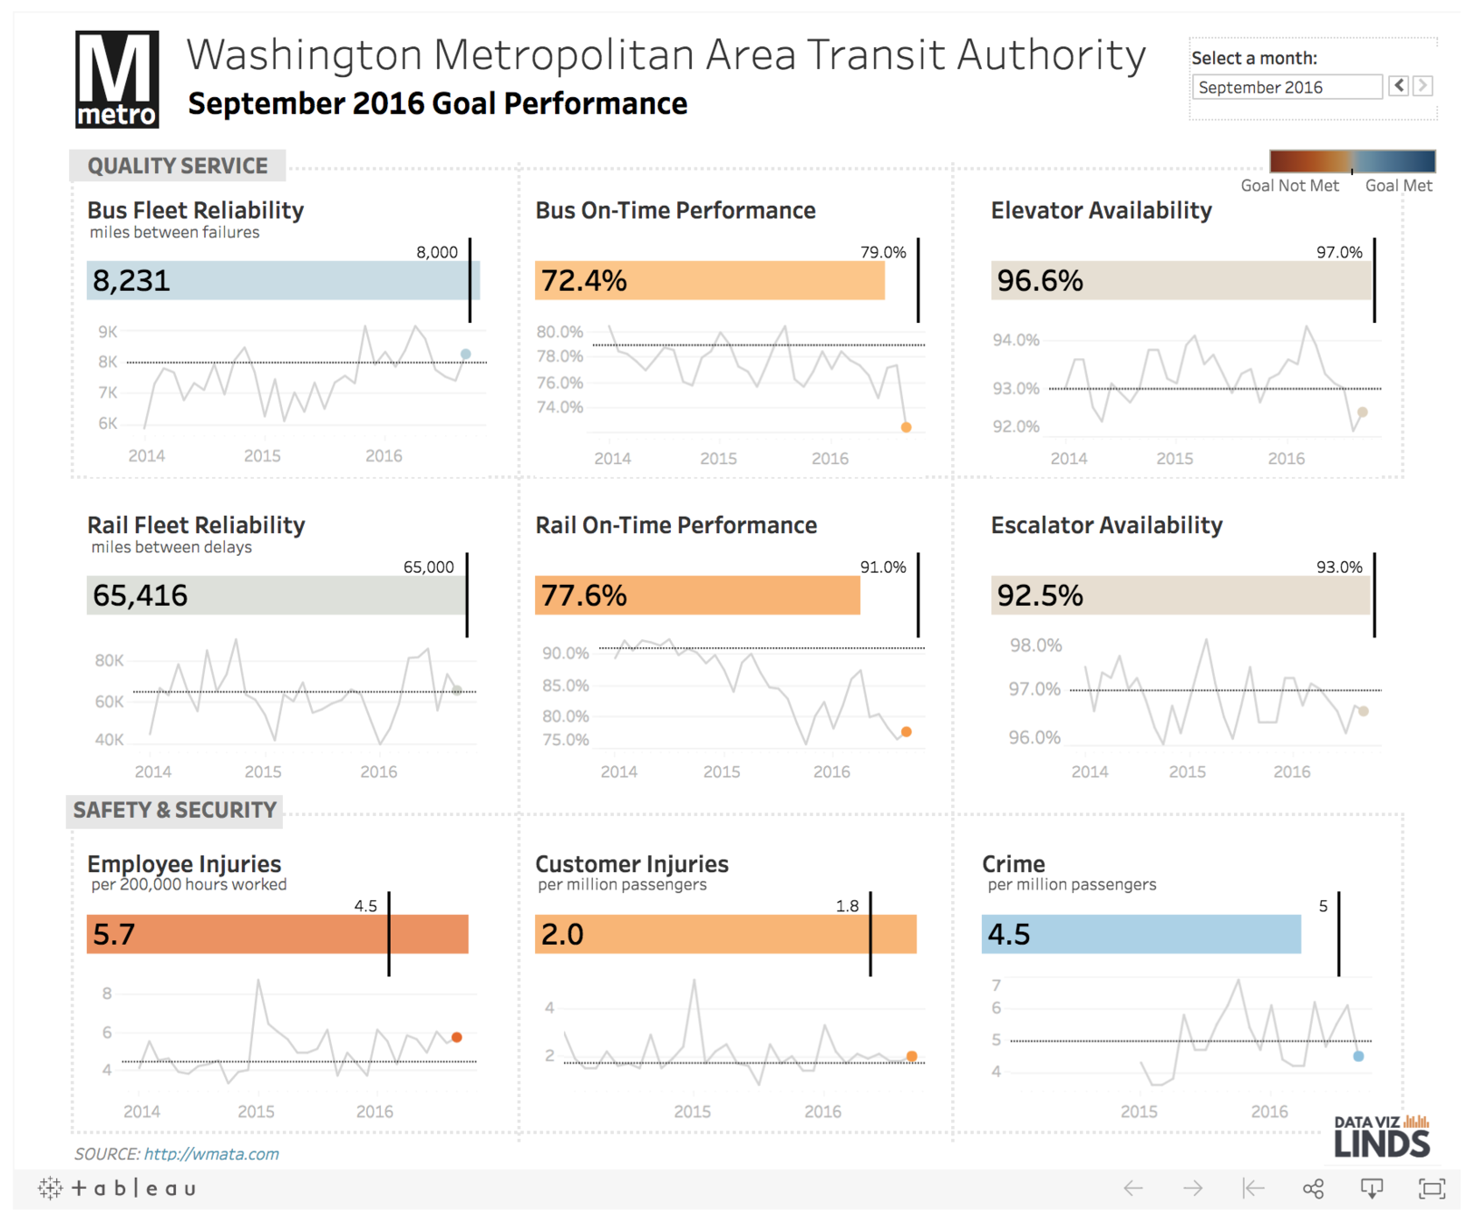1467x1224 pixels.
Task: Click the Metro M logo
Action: (116, 79)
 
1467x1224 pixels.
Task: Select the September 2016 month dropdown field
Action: (1286, 87)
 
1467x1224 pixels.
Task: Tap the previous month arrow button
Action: (1399, 85)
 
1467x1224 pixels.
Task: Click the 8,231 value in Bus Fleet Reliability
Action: (131, 281)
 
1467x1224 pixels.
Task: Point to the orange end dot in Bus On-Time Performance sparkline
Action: (906, 427)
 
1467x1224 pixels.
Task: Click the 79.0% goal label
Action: (882, 252)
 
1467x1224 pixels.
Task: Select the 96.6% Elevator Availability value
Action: (1040, 281)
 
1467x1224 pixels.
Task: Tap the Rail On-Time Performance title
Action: (675, 525)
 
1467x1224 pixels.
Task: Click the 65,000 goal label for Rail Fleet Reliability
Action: (428, 568)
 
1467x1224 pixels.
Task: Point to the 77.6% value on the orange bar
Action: (583, 596)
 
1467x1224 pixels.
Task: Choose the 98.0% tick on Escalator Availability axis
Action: (1035, 646)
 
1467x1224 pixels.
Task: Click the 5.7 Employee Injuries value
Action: (114, 934)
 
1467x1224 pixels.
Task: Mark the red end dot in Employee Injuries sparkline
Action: (457, 1037)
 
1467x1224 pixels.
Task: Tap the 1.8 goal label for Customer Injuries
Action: (847, 906)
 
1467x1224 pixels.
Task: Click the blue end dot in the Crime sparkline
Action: (1358, 1056)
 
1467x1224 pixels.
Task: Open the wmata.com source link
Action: (211, 1154)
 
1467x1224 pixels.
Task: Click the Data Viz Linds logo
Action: (1381, 1136)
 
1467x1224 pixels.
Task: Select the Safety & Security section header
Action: (175, 810)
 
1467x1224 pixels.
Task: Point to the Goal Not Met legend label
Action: (1289, 186)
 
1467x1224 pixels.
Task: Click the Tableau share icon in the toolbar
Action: (1313, 1189)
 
